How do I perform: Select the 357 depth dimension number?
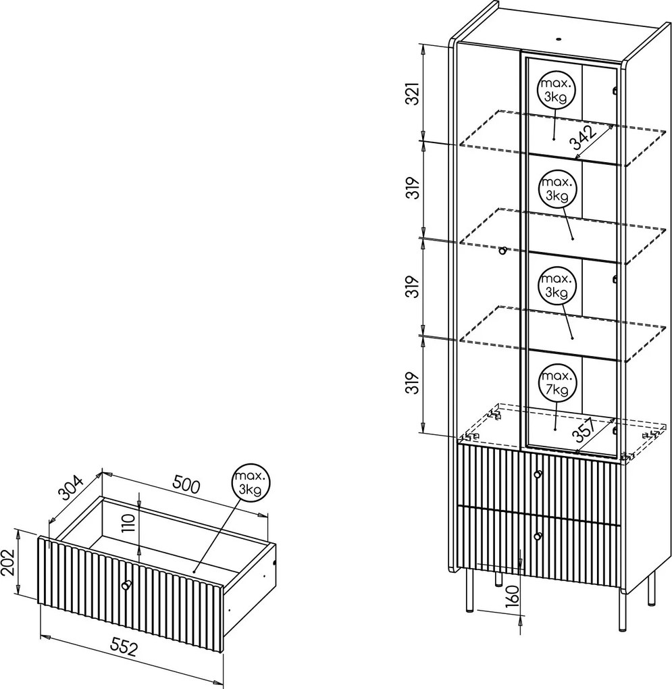pos(585,430)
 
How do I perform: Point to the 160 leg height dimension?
pos(513,594)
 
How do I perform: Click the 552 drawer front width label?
pos(124,647)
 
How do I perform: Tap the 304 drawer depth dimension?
pos(71,488)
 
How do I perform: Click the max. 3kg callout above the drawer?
pos(249,482)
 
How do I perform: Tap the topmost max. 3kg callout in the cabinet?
pos(554,90)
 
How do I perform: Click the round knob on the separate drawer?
pos(126,585)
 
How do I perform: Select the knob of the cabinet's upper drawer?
pos(538,474)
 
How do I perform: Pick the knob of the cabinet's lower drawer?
pos(538,536)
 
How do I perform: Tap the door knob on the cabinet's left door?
pos(503,251)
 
